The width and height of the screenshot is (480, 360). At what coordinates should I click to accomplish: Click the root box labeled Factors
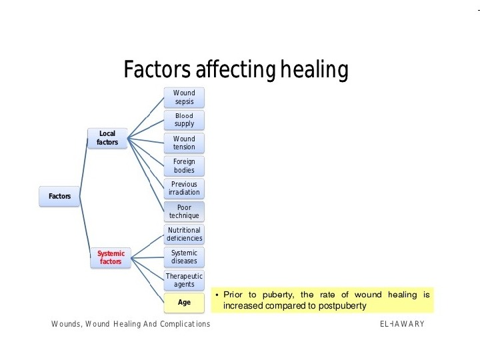pos(59,196)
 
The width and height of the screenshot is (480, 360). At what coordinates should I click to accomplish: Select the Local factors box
pos(107,138)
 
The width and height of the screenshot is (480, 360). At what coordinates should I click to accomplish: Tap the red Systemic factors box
pos(111,257)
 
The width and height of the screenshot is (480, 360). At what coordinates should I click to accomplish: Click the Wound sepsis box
pos(184,97)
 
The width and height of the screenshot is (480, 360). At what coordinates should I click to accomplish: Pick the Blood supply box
pos(184,120)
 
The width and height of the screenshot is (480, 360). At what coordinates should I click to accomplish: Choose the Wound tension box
pos(184,143)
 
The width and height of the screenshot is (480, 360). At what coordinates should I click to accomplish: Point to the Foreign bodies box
pos(184,165)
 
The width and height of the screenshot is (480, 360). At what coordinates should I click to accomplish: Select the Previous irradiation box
pos(184,188)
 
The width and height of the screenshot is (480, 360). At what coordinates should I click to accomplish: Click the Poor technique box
pos(184,211)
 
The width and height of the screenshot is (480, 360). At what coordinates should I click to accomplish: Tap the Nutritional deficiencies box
pos(184,234)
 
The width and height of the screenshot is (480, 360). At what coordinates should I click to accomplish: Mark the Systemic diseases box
pos(184,257)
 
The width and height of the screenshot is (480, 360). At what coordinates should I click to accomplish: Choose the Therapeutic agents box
pos(184,280)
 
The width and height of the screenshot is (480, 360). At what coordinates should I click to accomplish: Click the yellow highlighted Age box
pos(184,302)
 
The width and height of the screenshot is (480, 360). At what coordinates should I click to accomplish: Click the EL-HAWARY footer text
pos(402,324)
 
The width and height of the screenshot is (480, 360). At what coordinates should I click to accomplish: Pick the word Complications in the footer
pos(179,324)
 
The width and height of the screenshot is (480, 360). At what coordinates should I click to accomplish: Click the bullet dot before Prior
pos(217,295)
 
